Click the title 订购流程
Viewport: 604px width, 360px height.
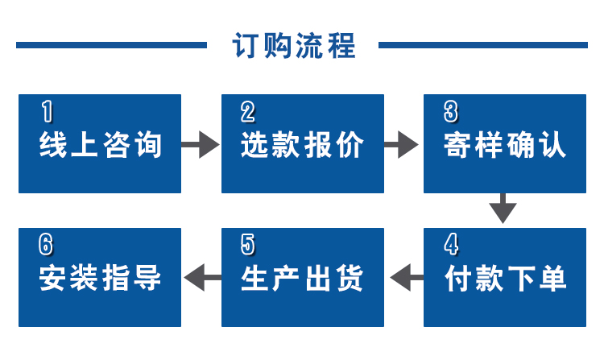(294, 46)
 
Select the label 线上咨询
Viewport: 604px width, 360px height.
(101, 146)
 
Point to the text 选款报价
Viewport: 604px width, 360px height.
(302, 146)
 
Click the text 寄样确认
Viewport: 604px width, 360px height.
(505, 146)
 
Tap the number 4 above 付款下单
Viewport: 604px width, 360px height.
(451, 243)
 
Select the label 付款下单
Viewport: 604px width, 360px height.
(505, 279)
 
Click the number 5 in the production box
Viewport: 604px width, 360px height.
(248, 243)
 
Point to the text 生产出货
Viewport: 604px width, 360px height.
(302, 279)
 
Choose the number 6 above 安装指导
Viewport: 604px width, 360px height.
(46, 243)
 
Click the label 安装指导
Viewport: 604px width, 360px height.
(101, 279)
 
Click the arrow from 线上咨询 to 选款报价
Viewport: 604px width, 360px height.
(201, 146)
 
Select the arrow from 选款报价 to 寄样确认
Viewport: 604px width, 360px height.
(402, 146)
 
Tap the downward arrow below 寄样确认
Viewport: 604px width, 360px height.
(503, 208)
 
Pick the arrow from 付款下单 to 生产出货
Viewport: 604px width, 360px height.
(405, 279)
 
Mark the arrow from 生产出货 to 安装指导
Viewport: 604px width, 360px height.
(203, 279)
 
